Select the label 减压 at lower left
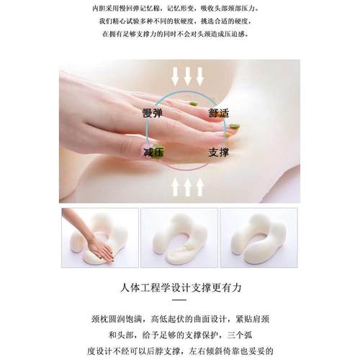[x=154, y=153]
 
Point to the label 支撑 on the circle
[x=218, y=153]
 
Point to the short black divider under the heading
[x=180, y=300]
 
